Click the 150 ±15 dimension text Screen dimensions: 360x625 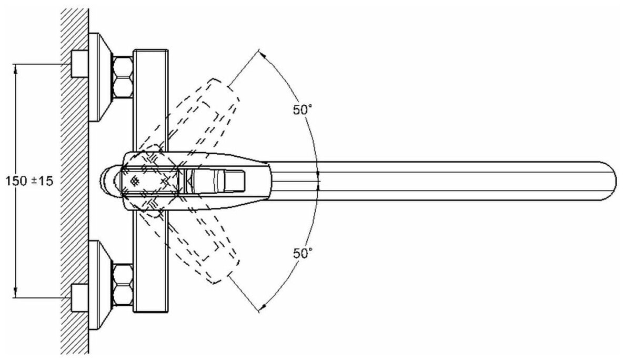tap(29, 180)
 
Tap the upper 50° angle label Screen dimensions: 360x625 tap(303, 110)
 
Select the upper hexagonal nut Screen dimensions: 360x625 tap(123, 76)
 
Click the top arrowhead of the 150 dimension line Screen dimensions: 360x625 tap(16, 68)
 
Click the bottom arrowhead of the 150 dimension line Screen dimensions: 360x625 tap(16, 293)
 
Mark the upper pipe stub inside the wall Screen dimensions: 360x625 tap(79, 64)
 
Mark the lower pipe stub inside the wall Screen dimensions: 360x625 tap(79, 297)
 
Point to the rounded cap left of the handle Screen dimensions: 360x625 tap(108, 181)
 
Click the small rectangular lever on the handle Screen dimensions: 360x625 tap(234, 181)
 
